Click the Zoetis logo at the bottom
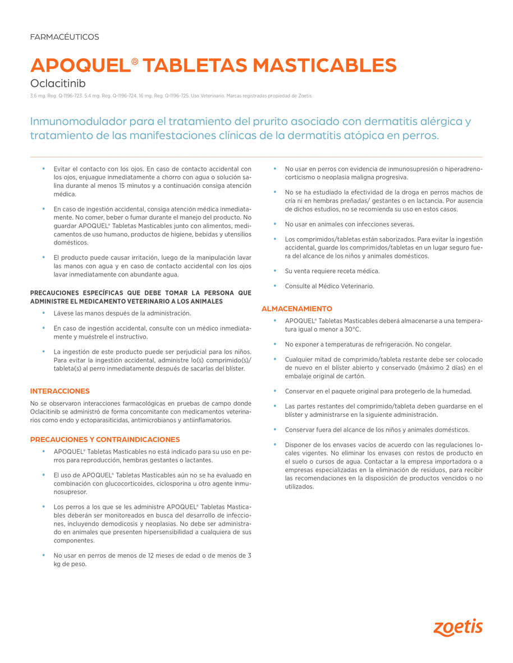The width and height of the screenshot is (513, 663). coord(457,628)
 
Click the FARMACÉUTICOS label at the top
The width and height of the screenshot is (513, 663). coord(65,37)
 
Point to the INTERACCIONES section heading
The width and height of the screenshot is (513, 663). coord(59,391)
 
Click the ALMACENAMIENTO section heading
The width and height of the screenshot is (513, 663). coord(297,309)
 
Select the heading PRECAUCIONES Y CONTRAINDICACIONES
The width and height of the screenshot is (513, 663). coord(105,439)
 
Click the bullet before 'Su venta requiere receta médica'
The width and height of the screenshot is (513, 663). coord(274,271)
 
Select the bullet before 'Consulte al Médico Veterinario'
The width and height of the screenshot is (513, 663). coord(274,286)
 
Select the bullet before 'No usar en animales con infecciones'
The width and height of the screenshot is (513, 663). coord(274,224)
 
